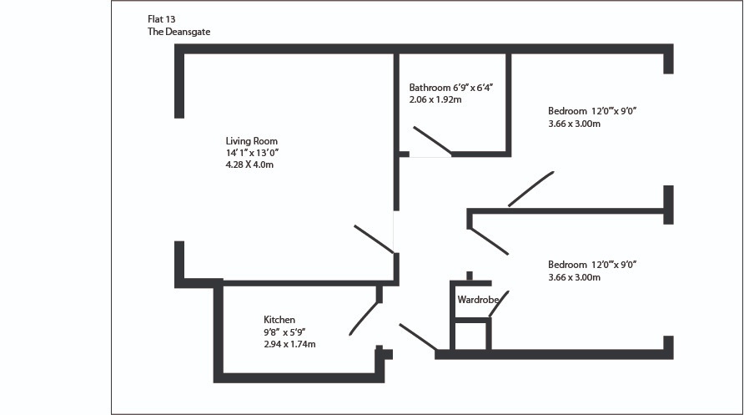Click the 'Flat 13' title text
point(161,18)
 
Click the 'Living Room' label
point(251,141)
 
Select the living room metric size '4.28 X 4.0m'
point(249,164)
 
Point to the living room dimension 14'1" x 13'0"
point(251,153)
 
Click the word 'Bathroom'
point(430,88)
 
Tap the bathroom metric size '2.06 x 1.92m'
point(435,99)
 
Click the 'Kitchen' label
point(279,320)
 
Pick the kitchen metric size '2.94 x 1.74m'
point(289,343)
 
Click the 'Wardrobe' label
point(478,299)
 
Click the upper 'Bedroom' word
point(567,111)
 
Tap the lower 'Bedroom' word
point(567,265)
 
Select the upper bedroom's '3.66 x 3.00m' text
point(574,123)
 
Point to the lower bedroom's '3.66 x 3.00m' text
point(574,276)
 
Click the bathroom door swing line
point(432,140)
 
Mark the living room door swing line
point(374,239)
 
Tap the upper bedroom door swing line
point(531,189)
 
